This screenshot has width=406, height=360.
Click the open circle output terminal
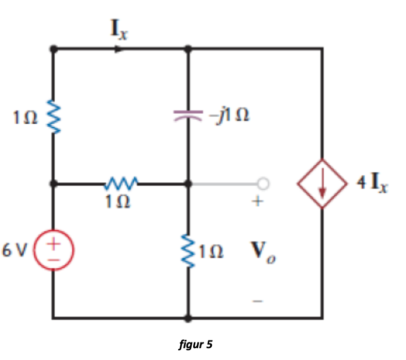263,183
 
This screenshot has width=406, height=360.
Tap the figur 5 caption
195,344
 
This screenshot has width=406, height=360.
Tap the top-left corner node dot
53,49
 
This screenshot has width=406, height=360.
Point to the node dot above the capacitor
188,49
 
